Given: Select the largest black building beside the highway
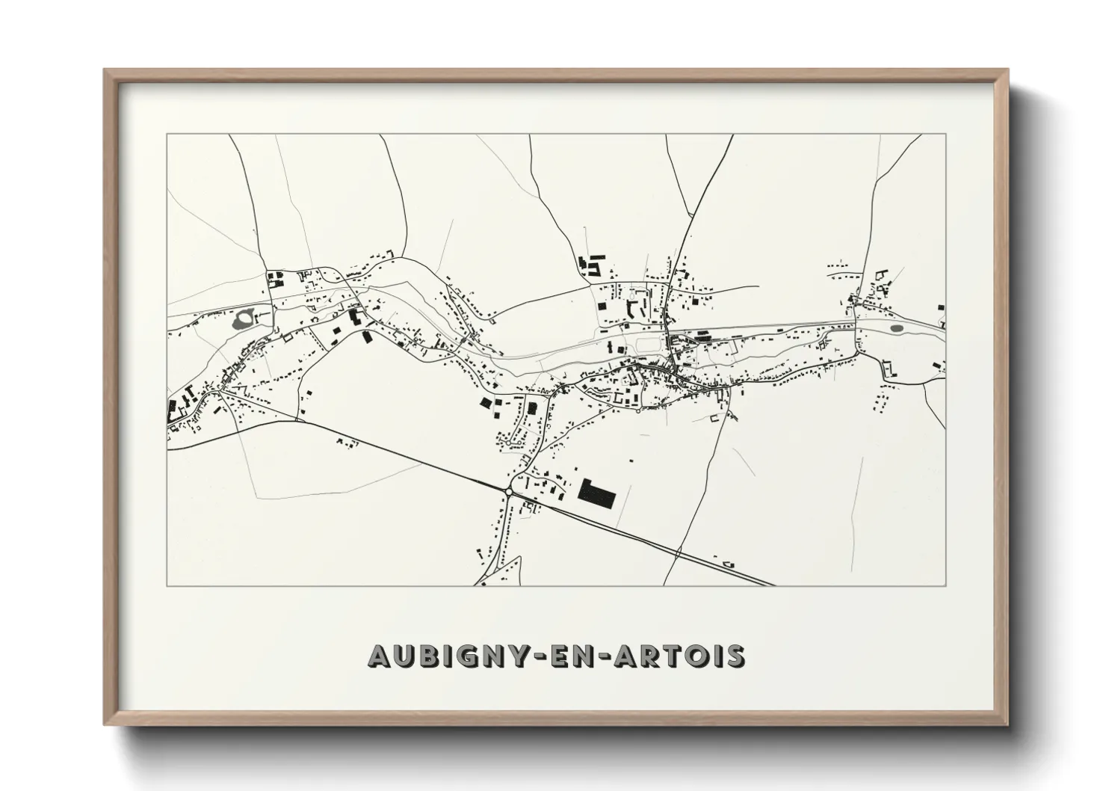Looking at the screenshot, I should pyautogui.click(x=596, y=493).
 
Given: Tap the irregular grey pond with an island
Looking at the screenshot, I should pyautogui.click(x=244, y=321).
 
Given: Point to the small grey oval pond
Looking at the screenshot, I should pyautogui.click(x=896, y=327).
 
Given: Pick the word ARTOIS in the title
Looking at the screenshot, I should pyautogui.click(x=682, y=656).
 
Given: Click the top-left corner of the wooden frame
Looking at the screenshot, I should pyautogui.click(x=105, y=70).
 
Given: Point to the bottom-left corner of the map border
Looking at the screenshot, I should pyautogui.click(x=167, y=585).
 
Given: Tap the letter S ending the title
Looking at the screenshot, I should pyautogui.click(x=736, y=656).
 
